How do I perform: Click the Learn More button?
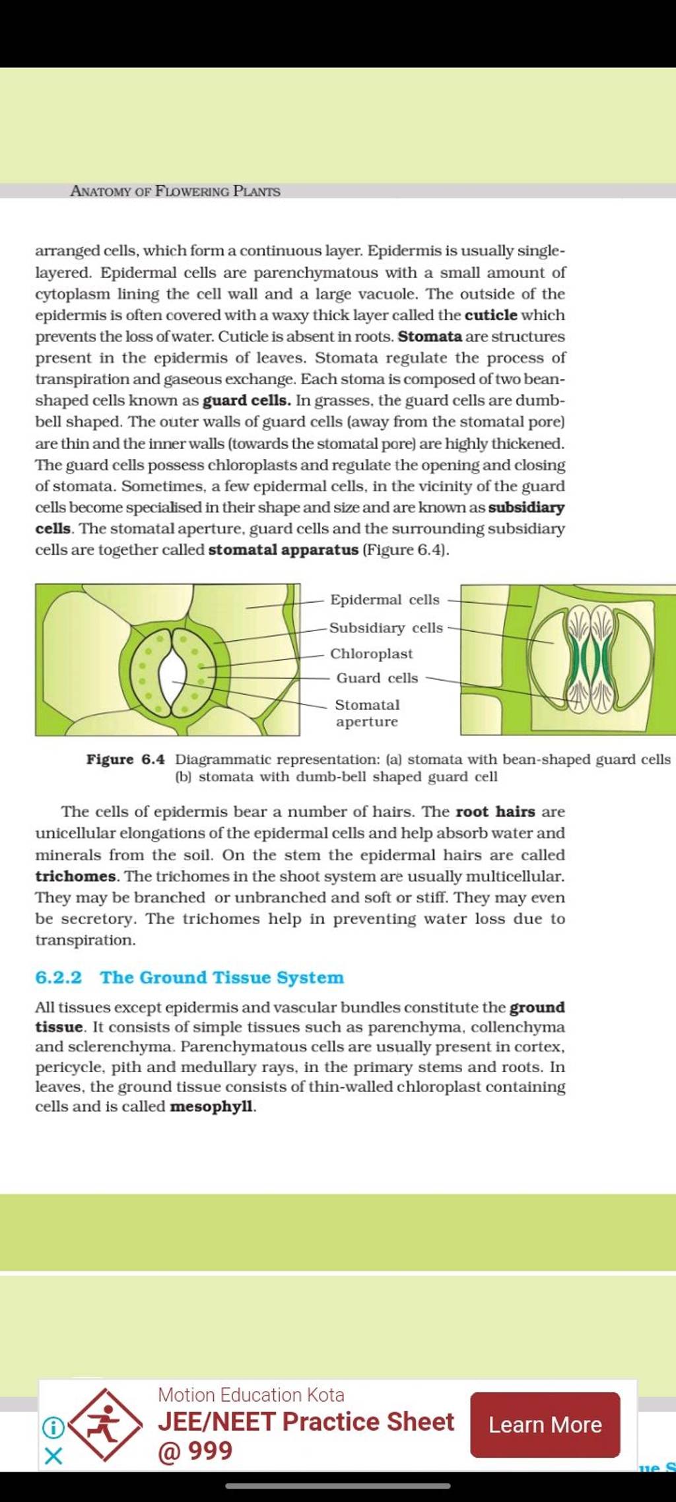(545, 1424)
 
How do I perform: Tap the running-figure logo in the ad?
(106, 1423)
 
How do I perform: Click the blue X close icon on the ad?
(53, 1455)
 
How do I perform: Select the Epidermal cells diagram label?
(384, 599)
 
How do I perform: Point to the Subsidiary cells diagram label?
(386, 628)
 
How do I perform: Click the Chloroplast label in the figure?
(371, 654)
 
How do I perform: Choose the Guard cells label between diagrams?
(377, 678)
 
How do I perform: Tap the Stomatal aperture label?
(367, 713)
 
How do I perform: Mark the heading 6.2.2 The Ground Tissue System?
(189, 977)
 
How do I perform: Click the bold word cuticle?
(490, 315)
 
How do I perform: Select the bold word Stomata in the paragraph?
(430, 336)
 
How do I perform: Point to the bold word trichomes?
(75, 876)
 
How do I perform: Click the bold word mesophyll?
(211, 1106)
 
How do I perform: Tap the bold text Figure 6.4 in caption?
(125, 759)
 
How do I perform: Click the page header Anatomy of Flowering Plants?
(175, 191)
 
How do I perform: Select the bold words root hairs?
(495, 811)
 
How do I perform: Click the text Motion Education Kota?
(251, 1394)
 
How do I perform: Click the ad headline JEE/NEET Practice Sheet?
(306, 1421)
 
